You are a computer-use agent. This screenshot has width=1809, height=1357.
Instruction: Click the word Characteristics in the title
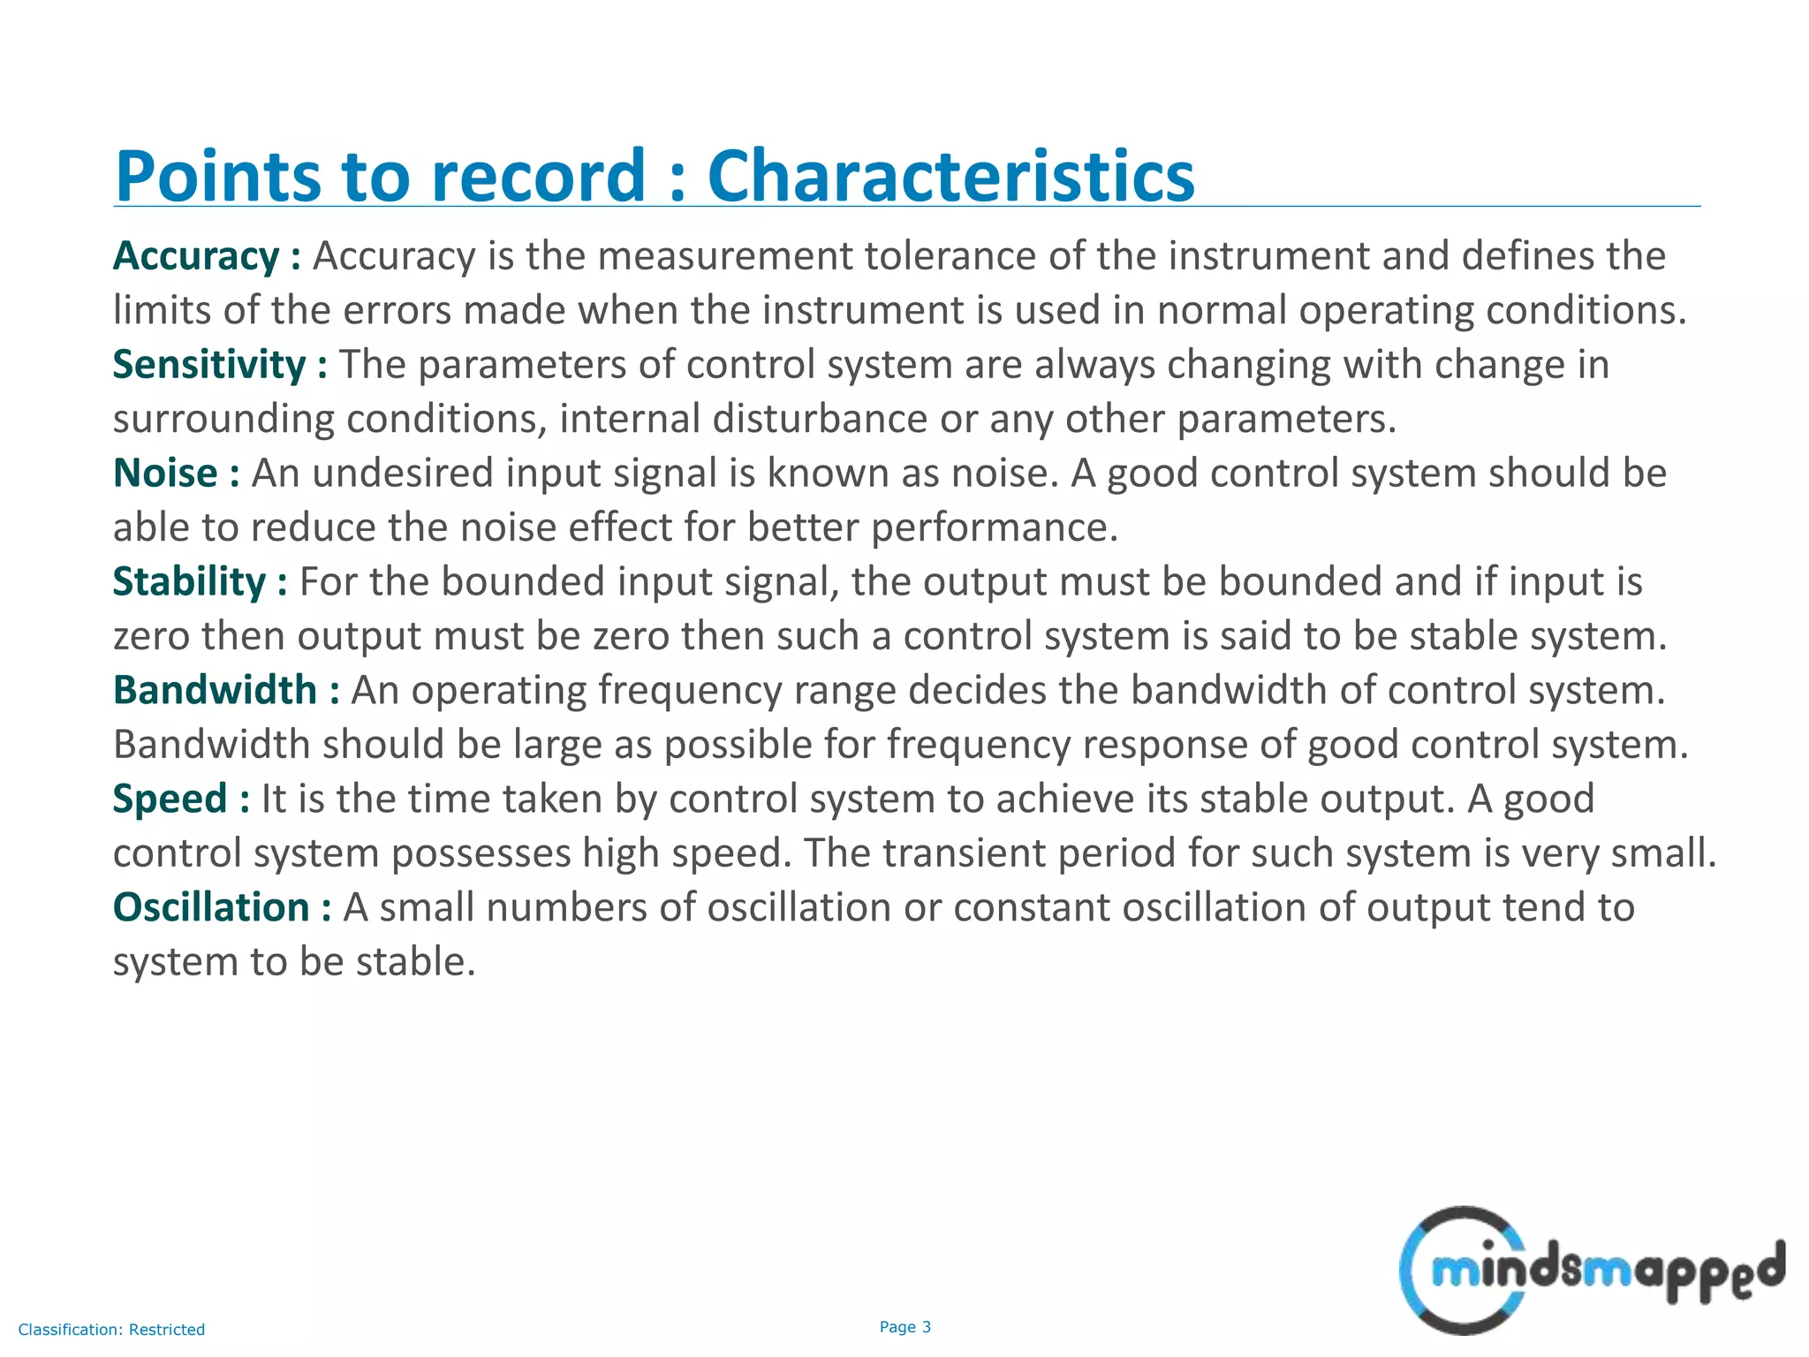point(950,176)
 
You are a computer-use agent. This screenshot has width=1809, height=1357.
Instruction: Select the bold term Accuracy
point(196,256)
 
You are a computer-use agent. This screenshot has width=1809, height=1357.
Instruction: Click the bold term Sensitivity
point(209,365)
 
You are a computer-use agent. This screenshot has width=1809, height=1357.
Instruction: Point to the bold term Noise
point(165,474)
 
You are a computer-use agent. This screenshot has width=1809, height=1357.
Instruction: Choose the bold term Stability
point(189,582)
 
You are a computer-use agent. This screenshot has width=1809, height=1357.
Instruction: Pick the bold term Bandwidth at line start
point(215,690)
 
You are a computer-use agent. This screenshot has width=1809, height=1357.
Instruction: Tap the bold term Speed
point(170,799)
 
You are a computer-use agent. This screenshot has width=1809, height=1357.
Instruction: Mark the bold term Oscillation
point(211,907)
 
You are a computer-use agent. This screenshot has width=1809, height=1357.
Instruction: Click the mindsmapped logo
point(1591,1270)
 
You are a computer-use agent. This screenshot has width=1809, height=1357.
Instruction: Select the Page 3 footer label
point(905,1327)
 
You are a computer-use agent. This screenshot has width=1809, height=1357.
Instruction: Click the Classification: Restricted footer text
point(111,1330)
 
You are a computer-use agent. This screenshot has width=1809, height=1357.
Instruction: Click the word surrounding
point(223,419)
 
